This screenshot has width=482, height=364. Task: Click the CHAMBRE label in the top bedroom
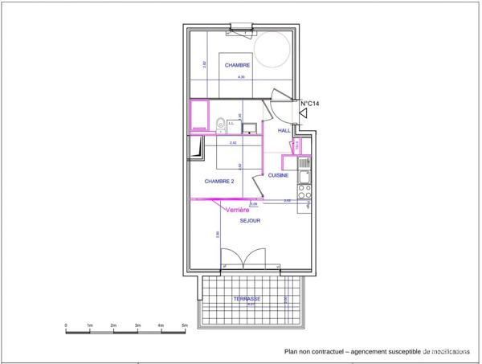pos(237,65)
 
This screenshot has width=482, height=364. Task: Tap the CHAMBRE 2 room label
pos(219,182)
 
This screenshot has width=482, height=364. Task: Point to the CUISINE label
pos(279,175)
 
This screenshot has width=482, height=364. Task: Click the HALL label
pos(284,130)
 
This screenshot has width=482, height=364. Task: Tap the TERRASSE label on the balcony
pos(247,299)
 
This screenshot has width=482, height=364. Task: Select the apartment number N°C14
pos(311,104)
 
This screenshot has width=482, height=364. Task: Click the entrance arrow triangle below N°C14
pos(304,116)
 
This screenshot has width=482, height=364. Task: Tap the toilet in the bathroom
pos(219,124)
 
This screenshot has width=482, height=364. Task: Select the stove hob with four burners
pos(304,192)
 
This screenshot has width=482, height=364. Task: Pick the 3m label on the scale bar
pos(137,325)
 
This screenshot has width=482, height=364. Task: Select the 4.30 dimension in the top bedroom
pos(239,76)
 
